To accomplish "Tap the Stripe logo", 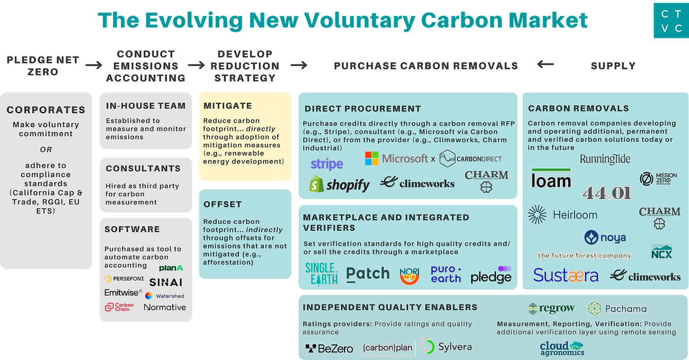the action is pyautogui.click(x=327, y=164).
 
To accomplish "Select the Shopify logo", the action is pyautogui.click(x=339, y=185).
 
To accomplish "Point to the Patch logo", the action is pyautogui.click(x=368, y=273).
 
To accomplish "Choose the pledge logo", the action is pyautogui.click(x=491, y=274).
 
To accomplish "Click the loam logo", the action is pyautogui.click(x=551, y=179).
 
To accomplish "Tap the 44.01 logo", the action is pyautogui.click(x=607, y=192).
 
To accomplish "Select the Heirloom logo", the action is pyautogui.click(x=563, y=215).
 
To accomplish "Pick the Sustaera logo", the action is pyautogui.click(x=566, y=275).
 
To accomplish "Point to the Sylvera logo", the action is pyautogui.click(x=446, y=346).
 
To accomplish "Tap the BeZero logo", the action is pyautogui.click(x=329, y=349).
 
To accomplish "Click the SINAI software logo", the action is pyautogui.click(x=166, y=282).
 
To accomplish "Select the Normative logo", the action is pyautogui.click(x=165, y=307).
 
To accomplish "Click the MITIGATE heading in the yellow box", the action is pyautogui.click(x=228, y=105).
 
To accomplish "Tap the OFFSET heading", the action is pyautogui.click(x=222, y=204).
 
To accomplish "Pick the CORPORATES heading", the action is pyautogui.click(x=46, y=110).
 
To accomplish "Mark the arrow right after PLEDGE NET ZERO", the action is pyautogui.click(x=94, y=65).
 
